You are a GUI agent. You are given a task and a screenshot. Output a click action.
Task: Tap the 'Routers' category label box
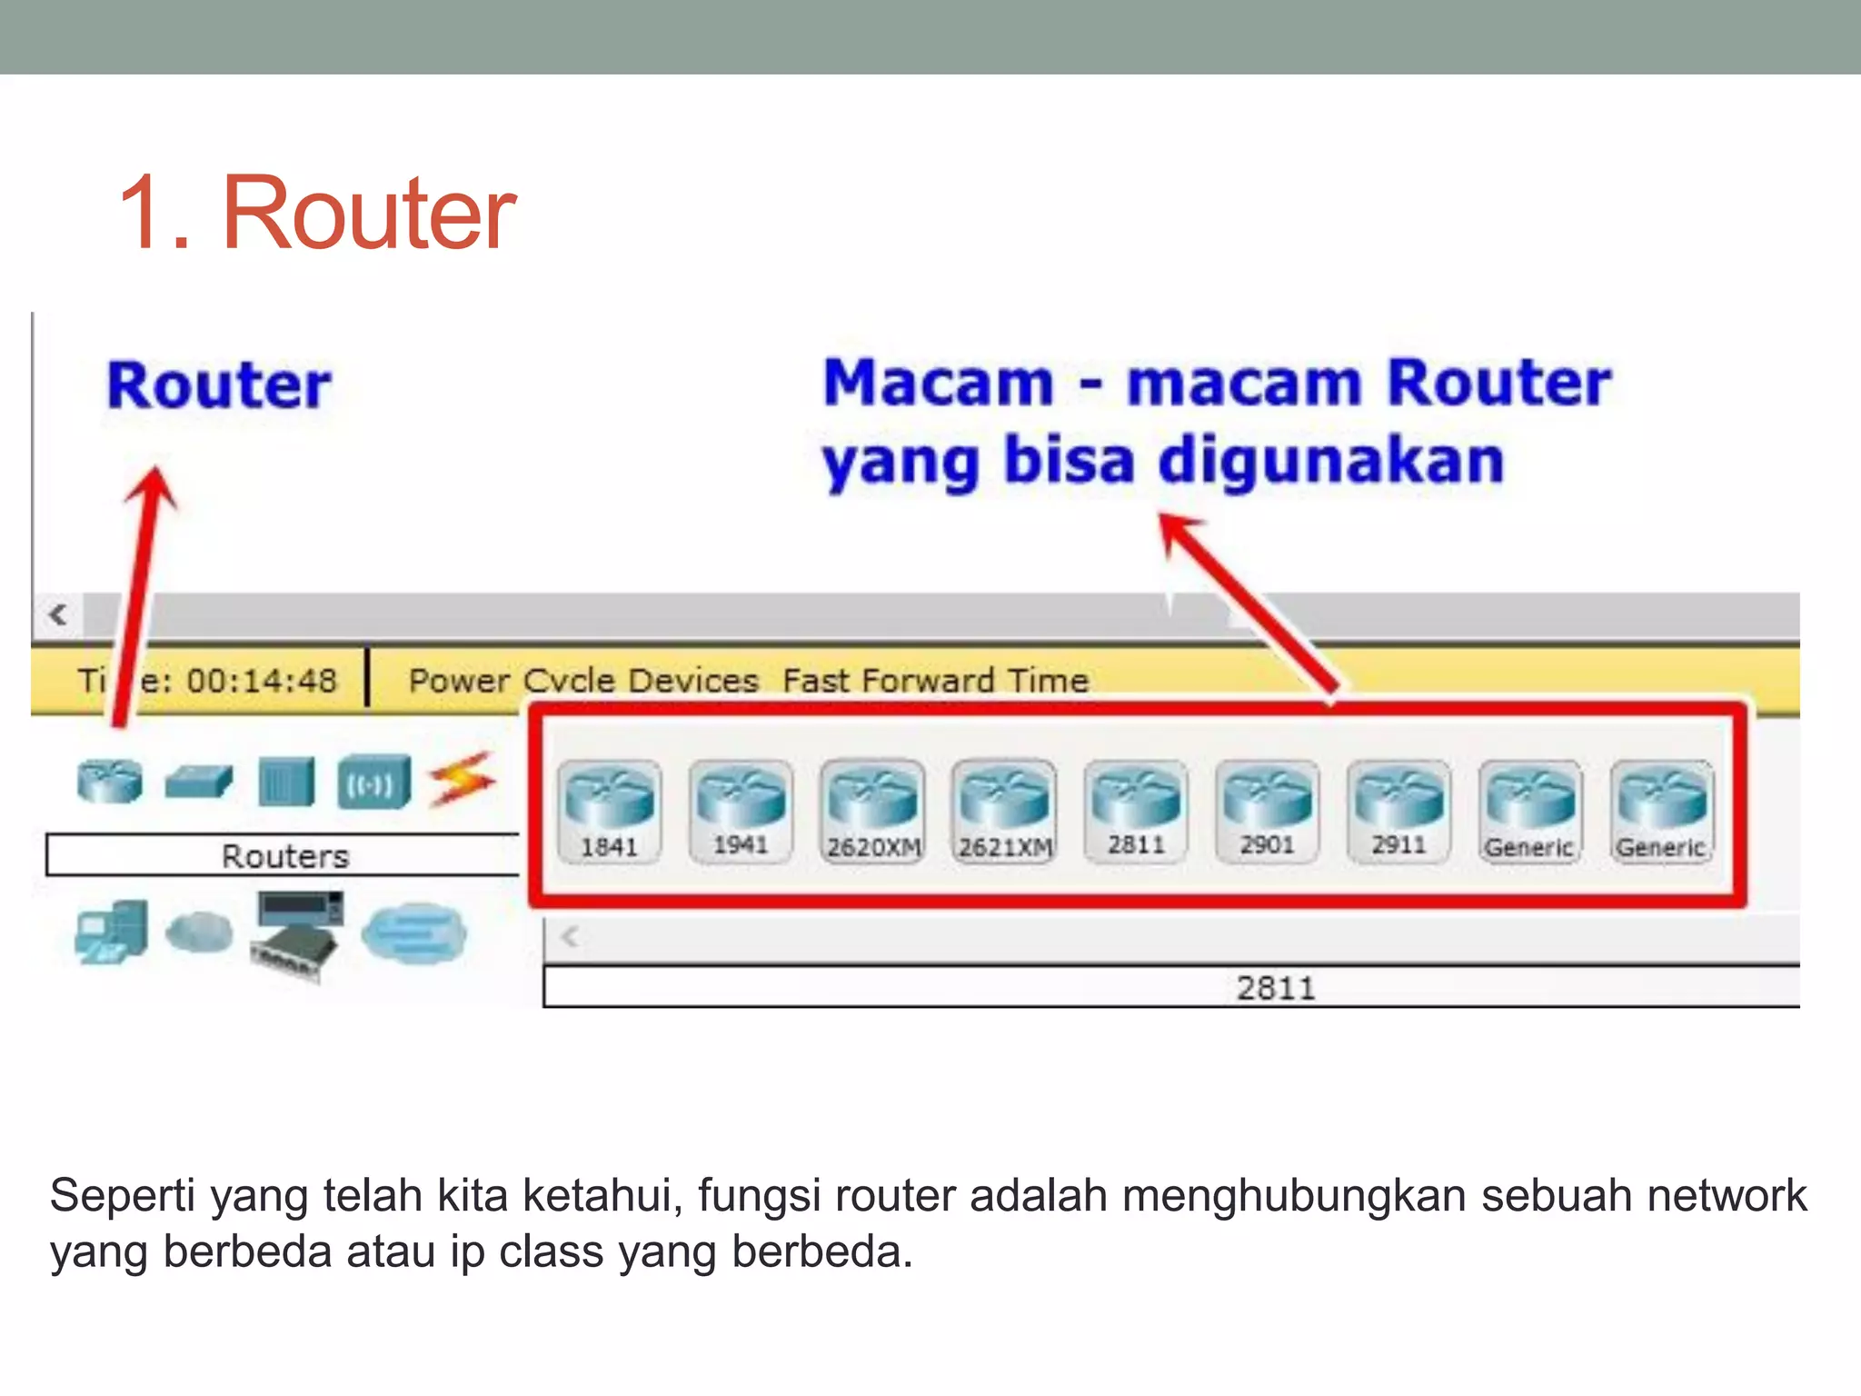[x=284, y=855]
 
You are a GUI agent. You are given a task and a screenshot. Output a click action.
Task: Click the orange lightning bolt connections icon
[x=463, y=780]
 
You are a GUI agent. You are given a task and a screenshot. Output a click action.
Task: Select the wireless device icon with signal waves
[x=373, y=783]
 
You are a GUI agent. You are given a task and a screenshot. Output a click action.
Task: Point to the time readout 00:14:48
[x=262, y=680]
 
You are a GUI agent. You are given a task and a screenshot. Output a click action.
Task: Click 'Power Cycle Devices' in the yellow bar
[x=583, y=681]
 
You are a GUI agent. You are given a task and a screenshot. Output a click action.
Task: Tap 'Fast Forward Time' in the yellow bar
[x=935, y=681]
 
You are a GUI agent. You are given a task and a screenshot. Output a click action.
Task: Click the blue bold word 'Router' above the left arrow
[x=219, y=385]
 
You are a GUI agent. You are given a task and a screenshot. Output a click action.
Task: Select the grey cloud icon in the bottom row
[x=199, y=932]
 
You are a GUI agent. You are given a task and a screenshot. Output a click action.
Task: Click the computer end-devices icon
[x=112, y=932]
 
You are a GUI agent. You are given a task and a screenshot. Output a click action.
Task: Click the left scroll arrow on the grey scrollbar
[x=59, y=614]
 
